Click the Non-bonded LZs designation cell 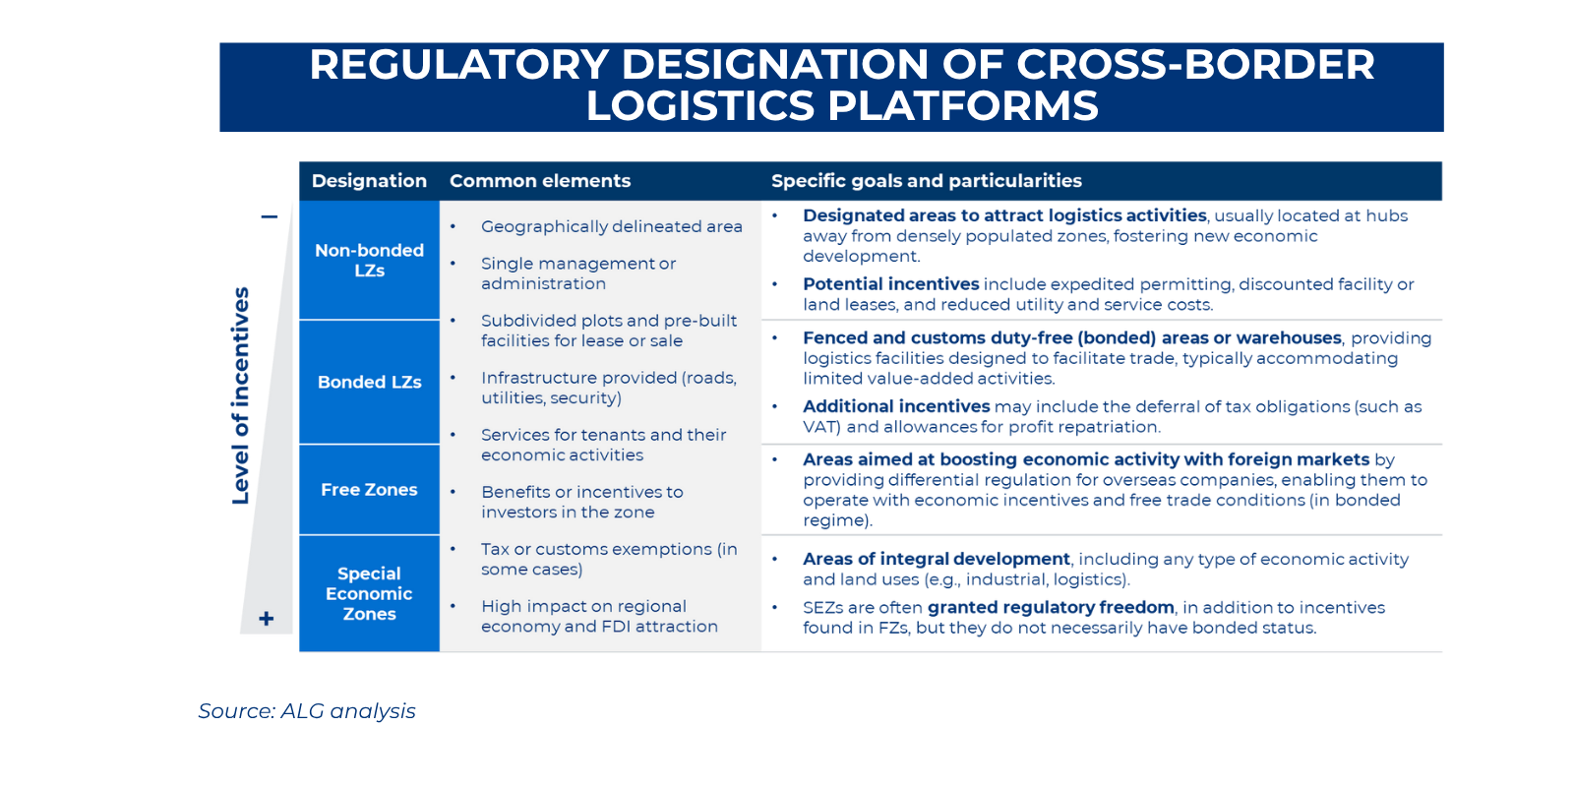(369, 261)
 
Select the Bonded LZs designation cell (369, 382)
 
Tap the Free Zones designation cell (369, 490)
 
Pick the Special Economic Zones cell (369, 593)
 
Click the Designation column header (369, 181)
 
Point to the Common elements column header (540, 181)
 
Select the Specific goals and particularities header (926, 181)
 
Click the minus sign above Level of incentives (269, 216)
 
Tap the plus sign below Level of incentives (266, 619)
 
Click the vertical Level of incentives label (241, 395)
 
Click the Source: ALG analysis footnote (307, 711)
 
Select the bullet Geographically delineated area (611, 226)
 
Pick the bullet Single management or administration (577, 273)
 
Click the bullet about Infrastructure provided (608, 388)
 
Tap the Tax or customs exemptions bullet (608, 559)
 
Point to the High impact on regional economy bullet (599, 616)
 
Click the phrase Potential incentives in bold (890, 284)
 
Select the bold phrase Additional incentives (896, 406)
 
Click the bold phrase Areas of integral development (936, 559)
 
